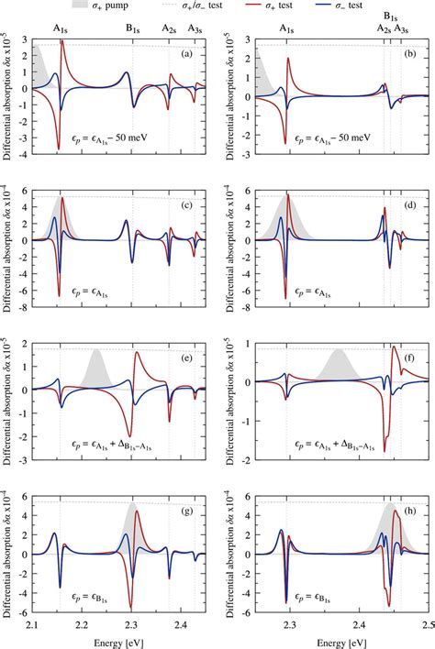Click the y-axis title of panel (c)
[x=8, y=246]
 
